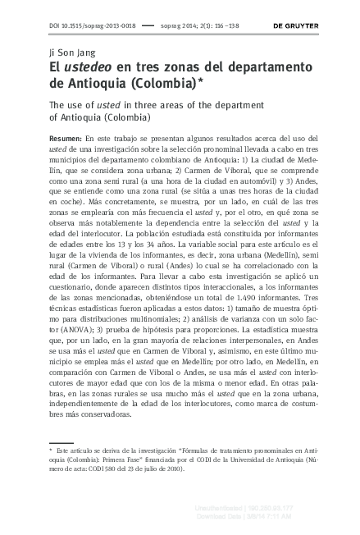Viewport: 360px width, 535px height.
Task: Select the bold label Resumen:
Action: click(66, 139)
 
